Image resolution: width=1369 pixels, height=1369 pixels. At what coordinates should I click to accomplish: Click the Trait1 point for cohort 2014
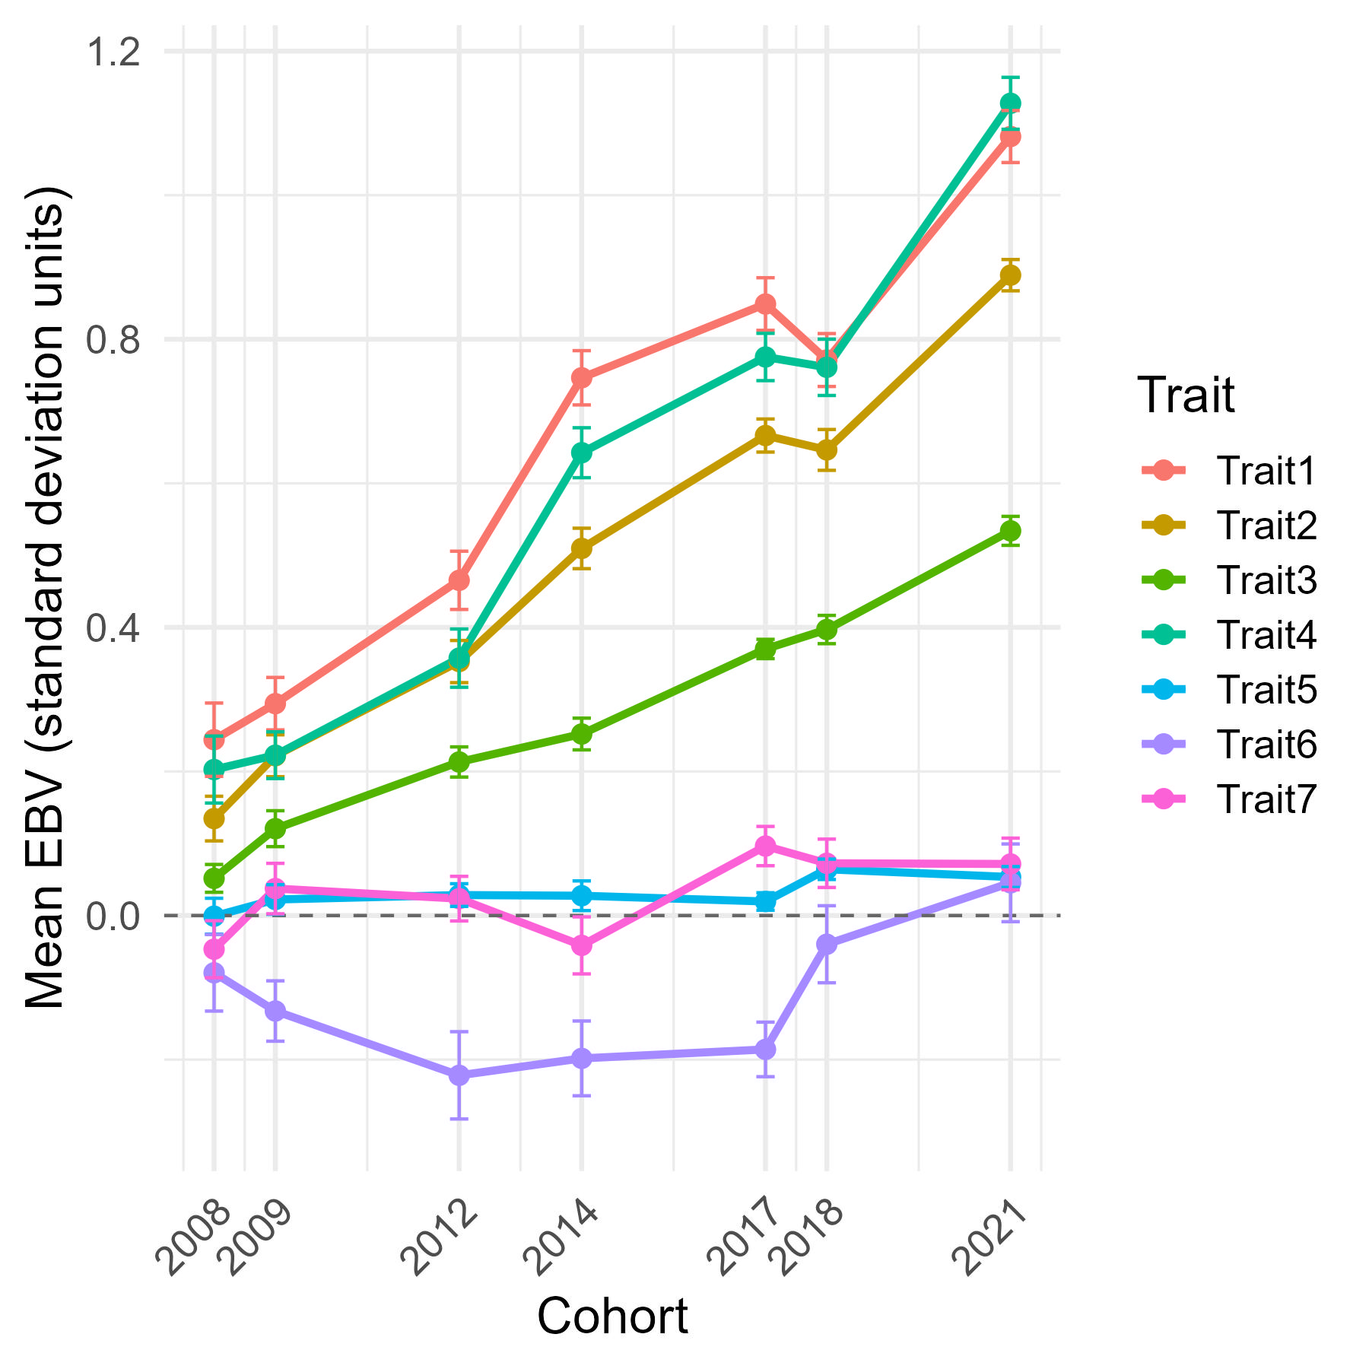click(582, 378)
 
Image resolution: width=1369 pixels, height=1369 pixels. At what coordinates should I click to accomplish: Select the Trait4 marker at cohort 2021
click(1010, 103)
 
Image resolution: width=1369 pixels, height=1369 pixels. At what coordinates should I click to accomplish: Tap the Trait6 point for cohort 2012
click(459, 1075)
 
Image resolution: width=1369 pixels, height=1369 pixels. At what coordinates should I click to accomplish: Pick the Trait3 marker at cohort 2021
click(1010, 531)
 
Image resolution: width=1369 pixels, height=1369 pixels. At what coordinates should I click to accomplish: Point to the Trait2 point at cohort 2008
click(214, 819)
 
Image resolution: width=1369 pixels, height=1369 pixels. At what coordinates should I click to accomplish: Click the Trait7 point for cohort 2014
click(582, 945)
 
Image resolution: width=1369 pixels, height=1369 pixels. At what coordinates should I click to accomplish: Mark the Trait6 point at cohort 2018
click(827, 944)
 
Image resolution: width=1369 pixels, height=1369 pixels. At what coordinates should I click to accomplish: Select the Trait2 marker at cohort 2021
click(1010, 275)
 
